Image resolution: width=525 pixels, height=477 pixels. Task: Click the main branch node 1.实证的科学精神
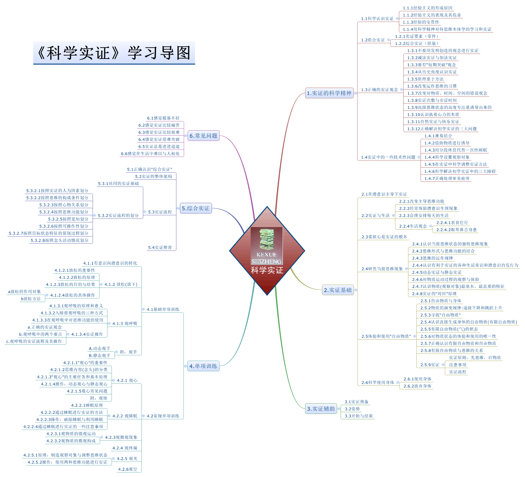329,93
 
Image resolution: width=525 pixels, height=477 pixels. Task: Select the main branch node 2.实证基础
338,290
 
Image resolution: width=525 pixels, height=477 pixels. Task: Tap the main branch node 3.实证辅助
321,409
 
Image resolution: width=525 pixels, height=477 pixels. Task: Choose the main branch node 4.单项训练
203,366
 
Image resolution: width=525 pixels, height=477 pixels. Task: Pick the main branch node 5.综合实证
196,208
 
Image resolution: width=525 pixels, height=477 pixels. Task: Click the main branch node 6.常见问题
203,136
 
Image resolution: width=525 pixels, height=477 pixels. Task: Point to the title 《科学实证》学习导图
114,53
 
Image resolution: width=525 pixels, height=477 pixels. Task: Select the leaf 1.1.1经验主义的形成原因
427,8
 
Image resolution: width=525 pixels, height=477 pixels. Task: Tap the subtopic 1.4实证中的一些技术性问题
388,157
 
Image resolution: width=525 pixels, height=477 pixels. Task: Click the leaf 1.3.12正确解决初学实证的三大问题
442,129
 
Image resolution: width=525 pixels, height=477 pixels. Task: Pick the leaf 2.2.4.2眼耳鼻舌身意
456,230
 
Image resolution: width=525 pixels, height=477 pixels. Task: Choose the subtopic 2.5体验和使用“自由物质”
386,336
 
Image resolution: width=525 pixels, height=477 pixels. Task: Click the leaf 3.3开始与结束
359,416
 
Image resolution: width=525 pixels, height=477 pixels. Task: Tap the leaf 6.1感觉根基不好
163,118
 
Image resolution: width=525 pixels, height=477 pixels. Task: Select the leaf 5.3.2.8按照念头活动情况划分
59,240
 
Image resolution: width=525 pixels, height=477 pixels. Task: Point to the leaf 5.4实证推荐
160,248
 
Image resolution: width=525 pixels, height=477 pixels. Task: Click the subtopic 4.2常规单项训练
163,416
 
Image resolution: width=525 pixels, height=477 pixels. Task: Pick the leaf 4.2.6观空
128,469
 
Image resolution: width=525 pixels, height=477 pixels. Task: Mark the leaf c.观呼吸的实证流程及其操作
34,341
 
